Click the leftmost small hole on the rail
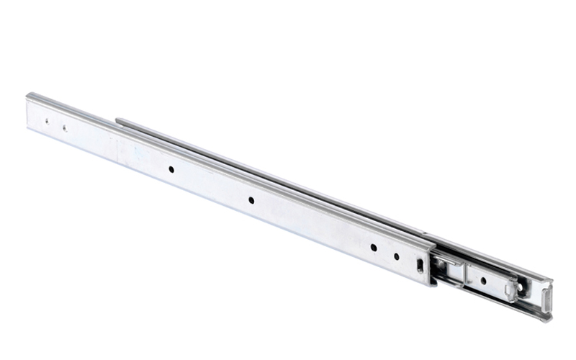coord(48,122)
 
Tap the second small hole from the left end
coord(64,128)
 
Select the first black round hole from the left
coord(171,169)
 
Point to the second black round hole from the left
coord(251,199)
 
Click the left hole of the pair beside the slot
coord(374,248)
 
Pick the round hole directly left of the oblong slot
coord(396,256)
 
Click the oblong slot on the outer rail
coord(419,265)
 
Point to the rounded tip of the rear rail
coord(119,121)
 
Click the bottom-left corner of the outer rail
coord(27,130)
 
